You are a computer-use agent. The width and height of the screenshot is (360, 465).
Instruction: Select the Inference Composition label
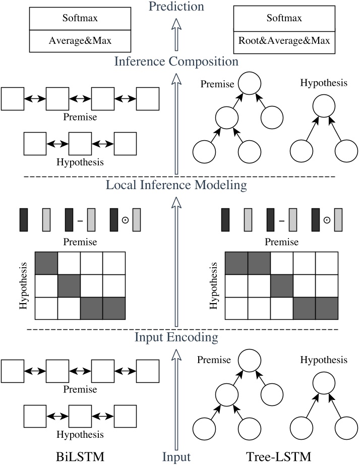[x=176, y=62]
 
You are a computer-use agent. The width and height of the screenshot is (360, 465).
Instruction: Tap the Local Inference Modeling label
[x=176, y=185]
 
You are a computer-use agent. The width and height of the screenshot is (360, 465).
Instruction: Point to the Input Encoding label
[x=176, y=337]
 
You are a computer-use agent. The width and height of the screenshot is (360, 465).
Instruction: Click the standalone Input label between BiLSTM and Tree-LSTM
[x=176, y=457]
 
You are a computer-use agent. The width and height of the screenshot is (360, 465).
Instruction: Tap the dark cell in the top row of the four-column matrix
[x=46, y=262]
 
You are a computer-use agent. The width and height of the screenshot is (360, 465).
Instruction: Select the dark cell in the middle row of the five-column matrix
[x=282, y=285]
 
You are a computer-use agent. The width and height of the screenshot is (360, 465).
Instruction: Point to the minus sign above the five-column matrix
[x=281, y=220]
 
